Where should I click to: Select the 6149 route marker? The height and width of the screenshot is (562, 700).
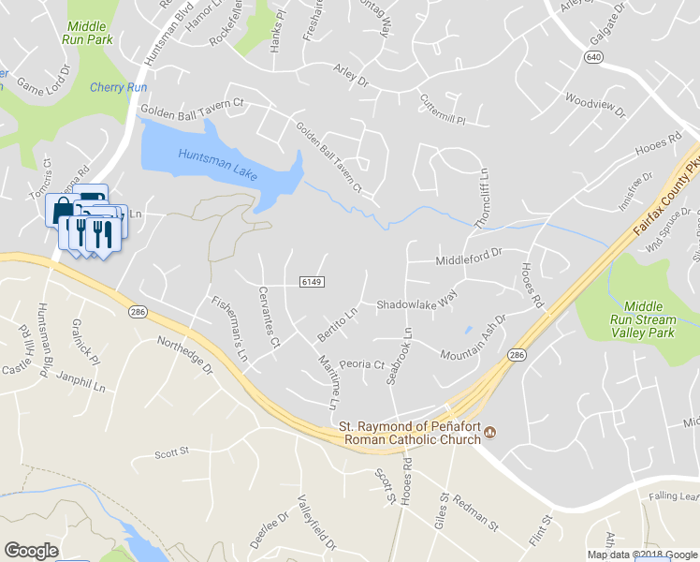tap(313, 281)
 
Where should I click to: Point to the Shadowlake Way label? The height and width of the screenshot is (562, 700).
tap(416, 303)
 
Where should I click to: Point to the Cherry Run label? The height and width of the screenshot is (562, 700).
tap(119, 87)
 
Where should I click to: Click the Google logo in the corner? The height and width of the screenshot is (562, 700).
tap(31, 551)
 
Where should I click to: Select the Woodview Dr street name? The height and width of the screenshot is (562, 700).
tap(595, 105)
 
